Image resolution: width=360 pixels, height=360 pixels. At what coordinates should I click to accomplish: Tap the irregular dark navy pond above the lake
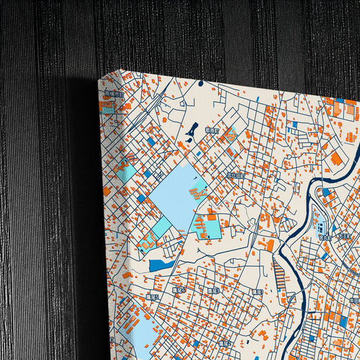(x=192, y=128)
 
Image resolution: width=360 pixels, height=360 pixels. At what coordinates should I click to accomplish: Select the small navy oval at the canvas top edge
(x=201, y=84)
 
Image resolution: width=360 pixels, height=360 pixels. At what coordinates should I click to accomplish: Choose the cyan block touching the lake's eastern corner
(x=208, y=228)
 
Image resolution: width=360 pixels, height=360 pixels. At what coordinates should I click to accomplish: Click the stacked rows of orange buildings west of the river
(x=279, y=273)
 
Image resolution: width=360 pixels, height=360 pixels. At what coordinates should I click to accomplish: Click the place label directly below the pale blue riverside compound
(x=325, y=237)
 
